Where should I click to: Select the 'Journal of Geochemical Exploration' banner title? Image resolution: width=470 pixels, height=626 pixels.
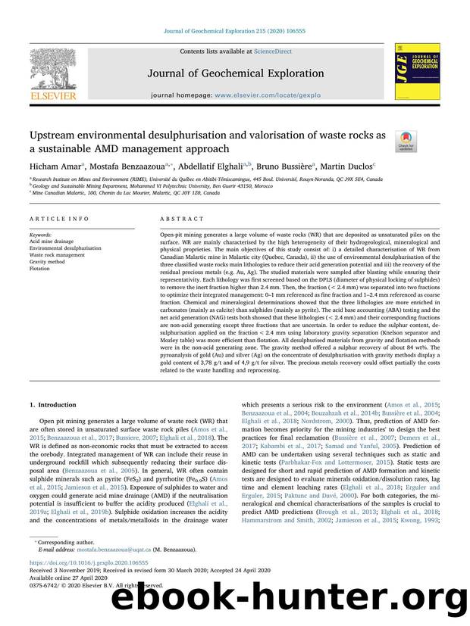coord(235,73)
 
